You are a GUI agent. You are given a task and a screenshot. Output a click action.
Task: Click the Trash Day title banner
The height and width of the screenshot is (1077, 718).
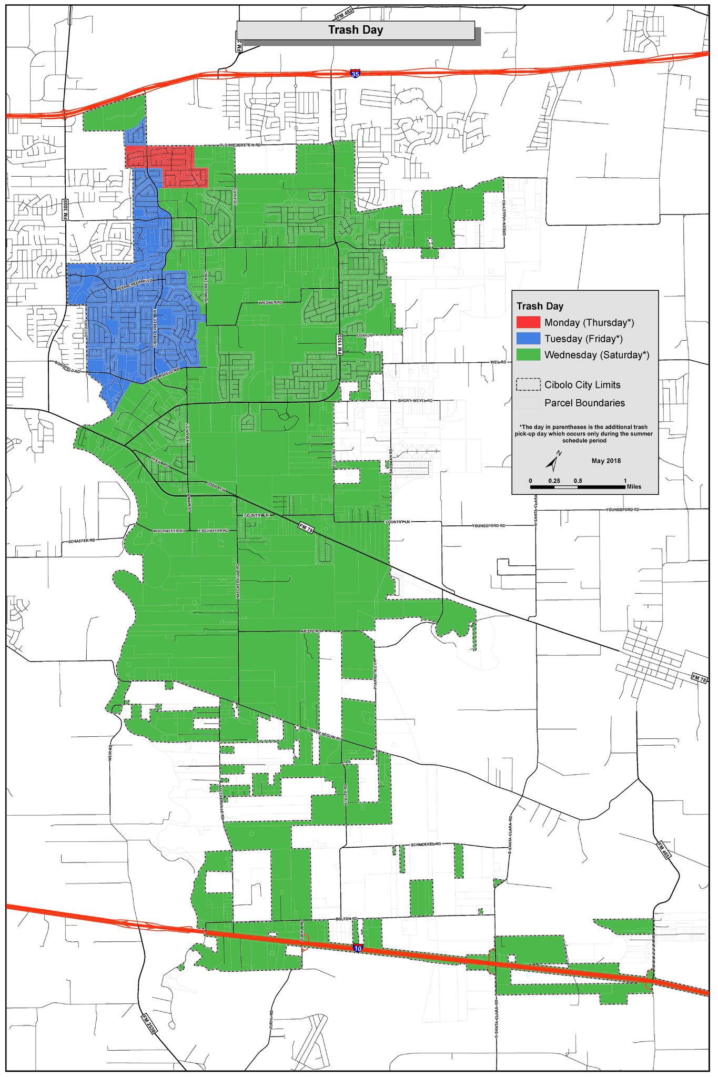tap(356, 31)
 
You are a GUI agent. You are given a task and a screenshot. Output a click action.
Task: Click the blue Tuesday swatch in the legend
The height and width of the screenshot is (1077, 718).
tap(529, 339)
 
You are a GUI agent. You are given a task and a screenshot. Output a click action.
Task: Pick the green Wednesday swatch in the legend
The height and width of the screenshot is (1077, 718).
tap(529, 355)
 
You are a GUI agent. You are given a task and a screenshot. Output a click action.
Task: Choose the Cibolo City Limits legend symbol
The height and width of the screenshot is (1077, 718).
tap(529, 385)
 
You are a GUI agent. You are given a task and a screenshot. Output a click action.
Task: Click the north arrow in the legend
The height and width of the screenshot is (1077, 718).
tap(553, 461)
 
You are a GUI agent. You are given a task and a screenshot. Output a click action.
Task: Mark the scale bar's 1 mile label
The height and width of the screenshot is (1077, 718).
tap(625, 481)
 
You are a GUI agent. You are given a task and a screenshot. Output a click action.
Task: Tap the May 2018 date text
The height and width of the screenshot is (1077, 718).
tap(606, 461)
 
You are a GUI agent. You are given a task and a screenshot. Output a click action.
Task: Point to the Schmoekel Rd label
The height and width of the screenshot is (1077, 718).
tap(425, 844)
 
